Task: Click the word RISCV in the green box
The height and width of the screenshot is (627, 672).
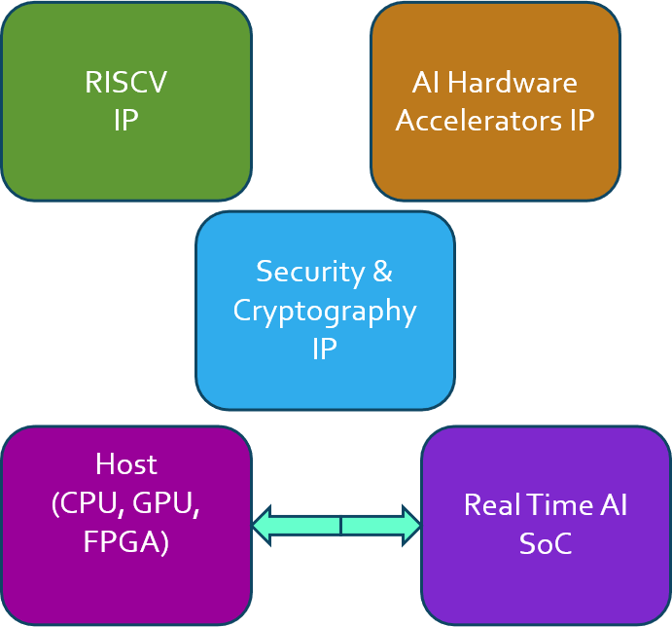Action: (x=125, y=83)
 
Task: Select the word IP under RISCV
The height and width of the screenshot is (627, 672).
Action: (x=125, y=121)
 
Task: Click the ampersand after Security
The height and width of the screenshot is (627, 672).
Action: (x=382, y=272)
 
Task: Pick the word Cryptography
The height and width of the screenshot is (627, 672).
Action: (x=325, y=311)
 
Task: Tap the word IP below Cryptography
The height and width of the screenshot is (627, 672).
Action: (x=325, y=349)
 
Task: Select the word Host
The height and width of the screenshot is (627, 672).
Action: (x=126, y=463)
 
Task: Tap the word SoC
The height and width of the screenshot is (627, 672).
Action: (x=545, y=543)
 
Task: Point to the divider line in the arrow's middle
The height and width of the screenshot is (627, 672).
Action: (x=340, y=526)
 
